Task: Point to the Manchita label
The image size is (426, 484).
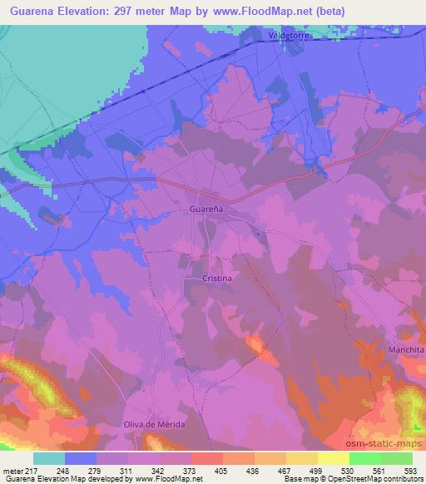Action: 406,350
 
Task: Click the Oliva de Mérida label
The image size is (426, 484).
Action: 153,424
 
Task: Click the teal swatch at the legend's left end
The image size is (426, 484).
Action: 48,457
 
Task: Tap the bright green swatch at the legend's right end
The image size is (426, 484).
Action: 396,457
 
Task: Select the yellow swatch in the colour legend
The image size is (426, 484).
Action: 333,457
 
